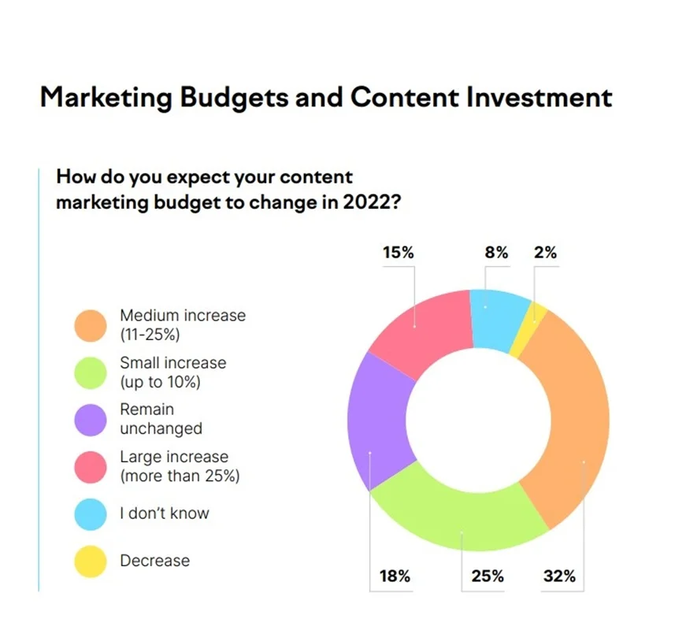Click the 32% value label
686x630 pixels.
559,576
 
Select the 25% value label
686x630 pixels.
488,576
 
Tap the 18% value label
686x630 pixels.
395,576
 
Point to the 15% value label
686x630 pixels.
398,253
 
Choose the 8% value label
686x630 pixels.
496,253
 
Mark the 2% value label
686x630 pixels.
545,253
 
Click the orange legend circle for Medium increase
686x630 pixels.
91,325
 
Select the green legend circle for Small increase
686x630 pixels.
91,372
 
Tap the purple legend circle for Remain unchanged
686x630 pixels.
91,420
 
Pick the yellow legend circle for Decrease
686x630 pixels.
91,561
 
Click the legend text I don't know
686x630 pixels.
165,513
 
